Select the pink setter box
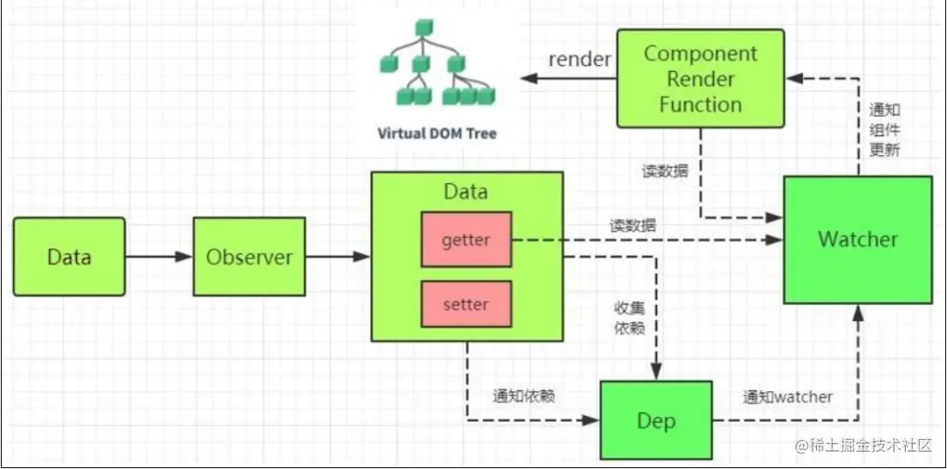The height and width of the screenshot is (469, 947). tap(466, 305)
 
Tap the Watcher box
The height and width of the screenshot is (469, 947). tap(857, 240)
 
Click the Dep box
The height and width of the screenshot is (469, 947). tap(656, 420)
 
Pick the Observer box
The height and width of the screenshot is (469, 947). tap(249, 257)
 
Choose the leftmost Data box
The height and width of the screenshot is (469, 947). tap(69, 257)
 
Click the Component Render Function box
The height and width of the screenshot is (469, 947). tap(700, 79)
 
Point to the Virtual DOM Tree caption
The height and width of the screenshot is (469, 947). tap(437, 134)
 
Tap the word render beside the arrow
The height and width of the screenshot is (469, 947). tap(580, 59)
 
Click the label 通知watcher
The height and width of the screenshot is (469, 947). tap(788, 397)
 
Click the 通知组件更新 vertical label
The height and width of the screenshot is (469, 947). tap(884, 128)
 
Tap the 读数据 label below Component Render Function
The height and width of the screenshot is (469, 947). tap(664, 170)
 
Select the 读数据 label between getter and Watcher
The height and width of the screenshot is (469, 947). tap(634, 226)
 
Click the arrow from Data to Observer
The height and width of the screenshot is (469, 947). tap(158, 257)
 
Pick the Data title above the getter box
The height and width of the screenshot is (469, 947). tap(466, 191)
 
